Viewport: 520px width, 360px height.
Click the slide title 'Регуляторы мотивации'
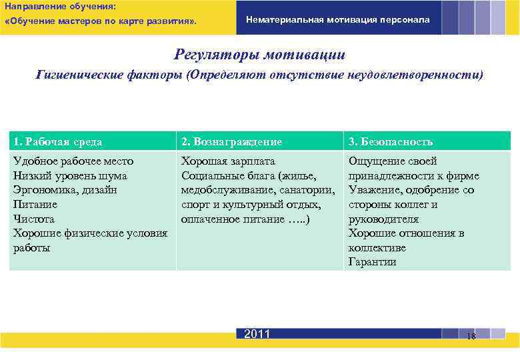260,54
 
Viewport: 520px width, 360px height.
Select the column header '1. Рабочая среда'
58,141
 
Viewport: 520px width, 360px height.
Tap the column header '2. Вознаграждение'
231,141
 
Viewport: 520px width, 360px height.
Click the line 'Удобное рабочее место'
73,161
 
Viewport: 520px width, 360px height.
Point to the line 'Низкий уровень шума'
70,175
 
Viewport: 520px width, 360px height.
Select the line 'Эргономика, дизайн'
65,190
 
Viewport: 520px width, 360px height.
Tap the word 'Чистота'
34,219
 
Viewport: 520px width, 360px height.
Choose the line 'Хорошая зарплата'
228,161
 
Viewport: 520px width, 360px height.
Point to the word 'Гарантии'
372,262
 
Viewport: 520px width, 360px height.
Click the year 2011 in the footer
257,334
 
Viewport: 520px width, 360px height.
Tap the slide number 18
471,336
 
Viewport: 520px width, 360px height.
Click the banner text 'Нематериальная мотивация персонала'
338,20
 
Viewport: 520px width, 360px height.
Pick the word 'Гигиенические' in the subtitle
79,75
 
